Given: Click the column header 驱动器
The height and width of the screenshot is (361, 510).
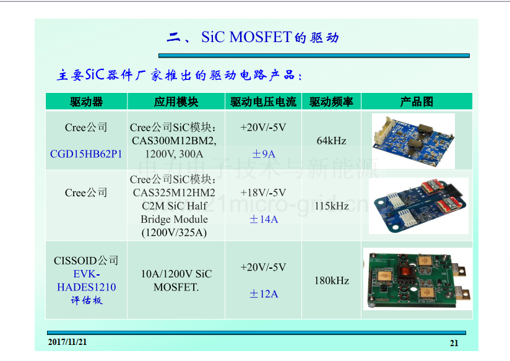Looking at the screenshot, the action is pos(86,102).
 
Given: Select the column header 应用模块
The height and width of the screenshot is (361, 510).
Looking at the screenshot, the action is pos(176,102).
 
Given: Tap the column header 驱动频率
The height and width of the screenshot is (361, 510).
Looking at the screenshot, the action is pos(331,102).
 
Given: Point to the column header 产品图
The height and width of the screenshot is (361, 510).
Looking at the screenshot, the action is pos(417,102).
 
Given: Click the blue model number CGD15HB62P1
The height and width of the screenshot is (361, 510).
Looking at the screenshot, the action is pos(86,154).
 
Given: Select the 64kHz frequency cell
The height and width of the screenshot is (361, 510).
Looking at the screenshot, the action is pos(331,141).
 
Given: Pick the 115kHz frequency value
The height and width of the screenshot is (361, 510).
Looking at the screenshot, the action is pos(331,206).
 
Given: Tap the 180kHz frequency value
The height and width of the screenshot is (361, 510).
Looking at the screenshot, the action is pos(331,281).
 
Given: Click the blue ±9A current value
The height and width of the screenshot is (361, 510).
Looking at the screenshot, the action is pos(264,154).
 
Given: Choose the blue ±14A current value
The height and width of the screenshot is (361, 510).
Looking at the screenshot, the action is pos(264,219).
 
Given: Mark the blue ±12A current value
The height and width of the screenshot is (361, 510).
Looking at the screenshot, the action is pos(264,294).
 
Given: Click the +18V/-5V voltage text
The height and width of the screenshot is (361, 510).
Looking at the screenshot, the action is pos(263,193).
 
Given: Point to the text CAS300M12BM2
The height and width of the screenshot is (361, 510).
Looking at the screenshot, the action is pos(174,141).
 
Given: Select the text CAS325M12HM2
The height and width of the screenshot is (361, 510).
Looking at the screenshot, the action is pos(174,193).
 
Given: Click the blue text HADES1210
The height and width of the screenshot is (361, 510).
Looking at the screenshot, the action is pos(87,287).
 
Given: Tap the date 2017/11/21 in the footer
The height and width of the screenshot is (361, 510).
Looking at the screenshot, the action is pos(67,342).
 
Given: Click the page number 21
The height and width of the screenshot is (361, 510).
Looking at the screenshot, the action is pos(454,343).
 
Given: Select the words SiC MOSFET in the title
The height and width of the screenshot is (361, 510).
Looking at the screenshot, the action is pos(246,37).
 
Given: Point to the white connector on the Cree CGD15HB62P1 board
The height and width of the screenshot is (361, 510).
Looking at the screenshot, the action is pos(384,131).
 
